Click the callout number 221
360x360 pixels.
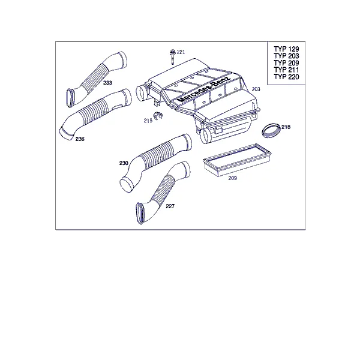click(x=181, y=52)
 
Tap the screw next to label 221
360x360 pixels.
click(x=172, y=56)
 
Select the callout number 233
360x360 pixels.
click(x=107, y=83)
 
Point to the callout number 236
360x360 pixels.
click(x=80, y=139)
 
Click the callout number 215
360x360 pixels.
click(x=148, y=121)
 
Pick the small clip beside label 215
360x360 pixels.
click(x=157, y=115)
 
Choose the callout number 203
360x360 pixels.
click(x=256, y=89)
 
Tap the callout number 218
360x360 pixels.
click(x=286, y=127)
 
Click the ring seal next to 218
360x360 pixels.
click(x=271, y=130)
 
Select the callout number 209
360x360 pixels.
click(x=233, y=178)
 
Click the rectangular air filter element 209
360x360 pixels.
click(x=237, y=160)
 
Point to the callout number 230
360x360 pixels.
click(x=124, y=163)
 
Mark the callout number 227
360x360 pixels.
click(x=170, y=206)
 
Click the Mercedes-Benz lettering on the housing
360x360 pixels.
click(x=204, y=89)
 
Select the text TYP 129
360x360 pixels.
click(x=286, y=49)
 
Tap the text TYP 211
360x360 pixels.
click(x=286, y=70)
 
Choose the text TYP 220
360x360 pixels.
click(x=286, y=77)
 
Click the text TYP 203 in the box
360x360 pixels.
click(x=286, y=56)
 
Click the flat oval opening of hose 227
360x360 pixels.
click(x=139, y=214)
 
